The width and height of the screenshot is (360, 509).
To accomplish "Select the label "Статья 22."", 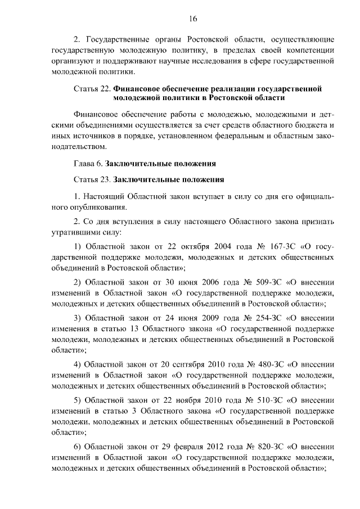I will (x=92, y=88).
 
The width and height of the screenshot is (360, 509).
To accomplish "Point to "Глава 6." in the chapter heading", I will (x=89, y=164).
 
